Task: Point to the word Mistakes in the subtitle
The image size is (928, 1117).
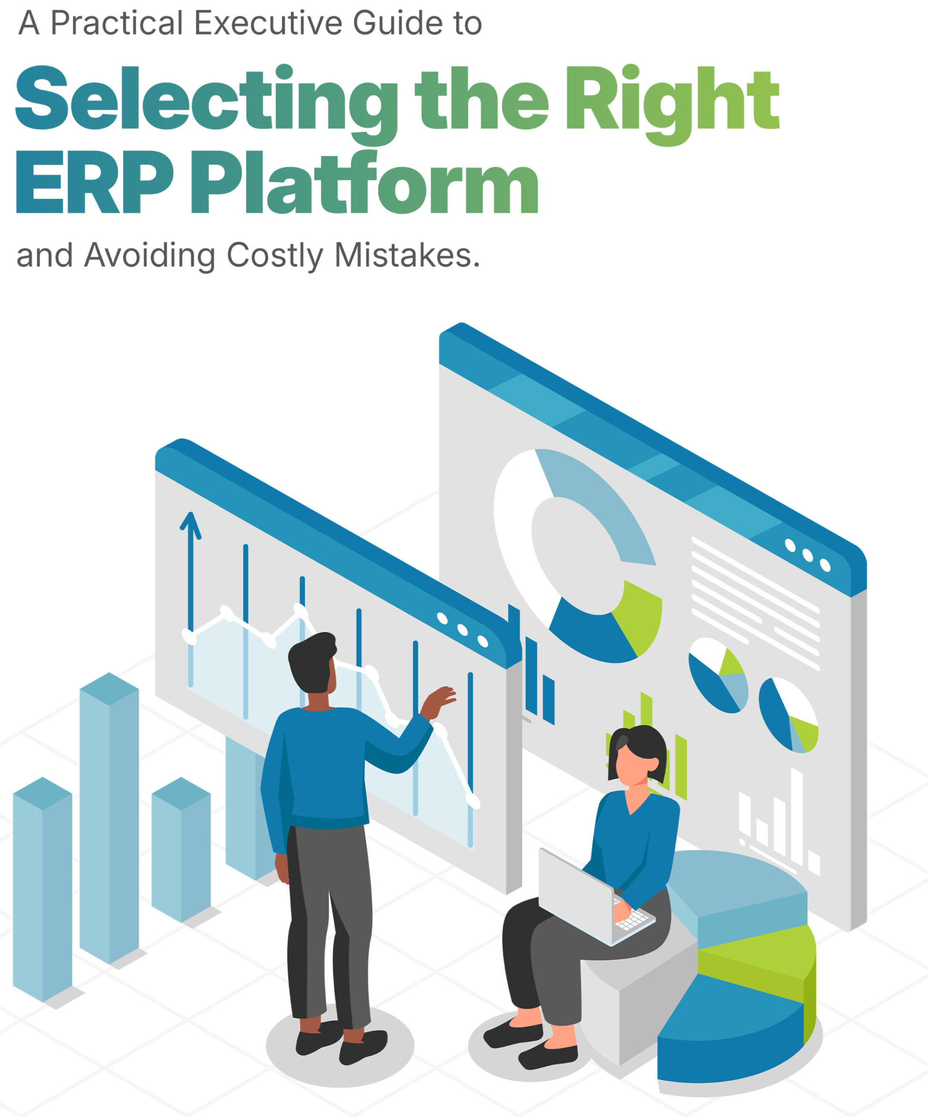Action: [x=407, y=255]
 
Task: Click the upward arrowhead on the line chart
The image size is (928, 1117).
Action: [x=190, y=525]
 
